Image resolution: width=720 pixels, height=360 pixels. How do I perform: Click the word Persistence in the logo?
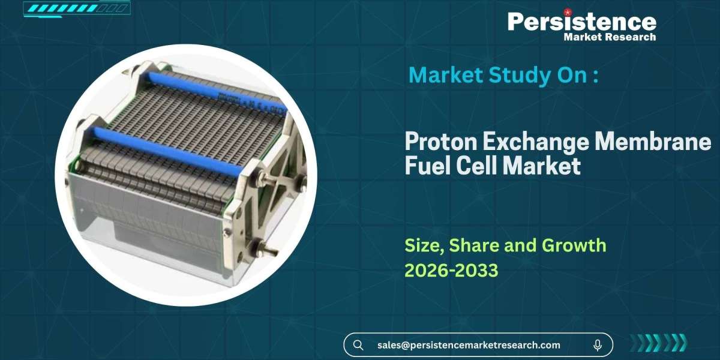pyautogui.click(x=581, y=22)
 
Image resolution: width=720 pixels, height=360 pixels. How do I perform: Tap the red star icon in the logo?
pyautogui.click(x=567, y=11)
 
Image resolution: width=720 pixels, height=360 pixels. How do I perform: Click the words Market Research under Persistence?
pyautogui.click(x=610, y=37)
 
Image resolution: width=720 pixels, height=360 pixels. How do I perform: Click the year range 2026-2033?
pyautogui.click(x=451, y=271)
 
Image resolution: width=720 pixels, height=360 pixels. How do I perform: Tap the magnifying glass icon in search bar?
pyautogui.click(x=358, y=345)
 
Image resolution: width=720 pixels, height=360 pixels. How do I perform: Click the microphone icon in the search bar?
pyautogui.click(x=598, y=345)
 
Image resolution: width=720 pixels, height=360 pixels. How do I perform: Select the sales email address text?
pyautogui.click(x=469, y=345)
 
